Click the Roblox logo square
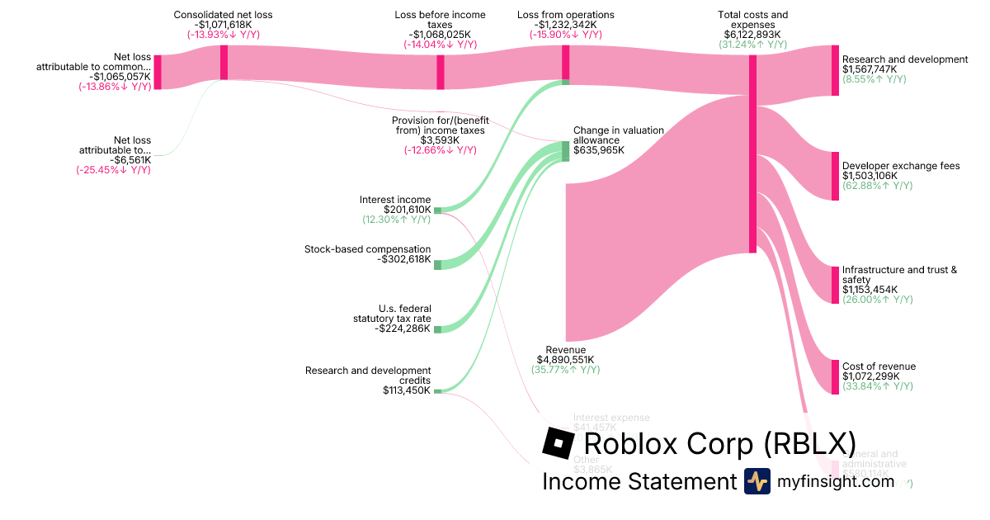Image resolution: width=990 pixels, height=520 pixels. (x=559, y=443)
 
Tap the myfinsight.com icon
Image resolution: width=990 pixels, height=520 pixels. (x=757, y=481)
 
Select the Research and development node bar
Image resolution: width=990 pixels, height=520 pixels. (x=835, y=70)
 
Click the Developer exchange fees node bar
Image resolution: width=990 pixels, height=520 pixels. (x=835, y=176)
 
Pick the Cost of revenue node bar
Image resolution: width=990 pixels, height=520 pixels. (x=835, y=376)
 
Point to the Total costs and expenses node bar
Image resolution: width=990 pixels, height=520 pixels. (x=752, y=154)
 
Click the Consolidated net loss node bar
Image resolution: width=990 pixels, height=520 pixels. (x=224, y=63)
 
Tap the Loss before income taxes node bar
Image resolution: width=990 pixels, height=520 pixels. (x=441, y=72)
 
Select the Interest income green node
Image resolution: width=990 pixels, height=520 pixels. (x=437, y=210)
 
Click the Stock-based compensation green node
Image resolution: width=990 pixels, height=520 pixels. (x=437, y=265)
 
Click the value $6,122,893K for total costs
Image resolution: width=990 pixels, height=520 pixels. (x=752, y=35)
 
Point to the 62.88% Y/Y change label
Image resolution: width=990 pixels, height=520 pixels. (x=877, y=186)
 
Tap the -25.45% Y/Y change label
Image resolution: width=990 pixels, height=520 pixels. (x=114, y=170)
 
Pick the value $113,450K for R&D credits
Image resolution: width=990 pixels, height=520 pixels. (x=407, y=390)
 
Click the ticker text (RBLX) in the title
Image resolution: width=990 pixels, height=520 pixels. (x=808, y=443)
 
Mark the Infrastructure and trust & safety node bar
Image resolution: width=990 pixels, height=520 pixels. (x=835, y=285)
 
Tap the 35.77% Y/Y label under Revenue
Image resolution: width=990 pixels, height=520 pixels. (x=565, y=370)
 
